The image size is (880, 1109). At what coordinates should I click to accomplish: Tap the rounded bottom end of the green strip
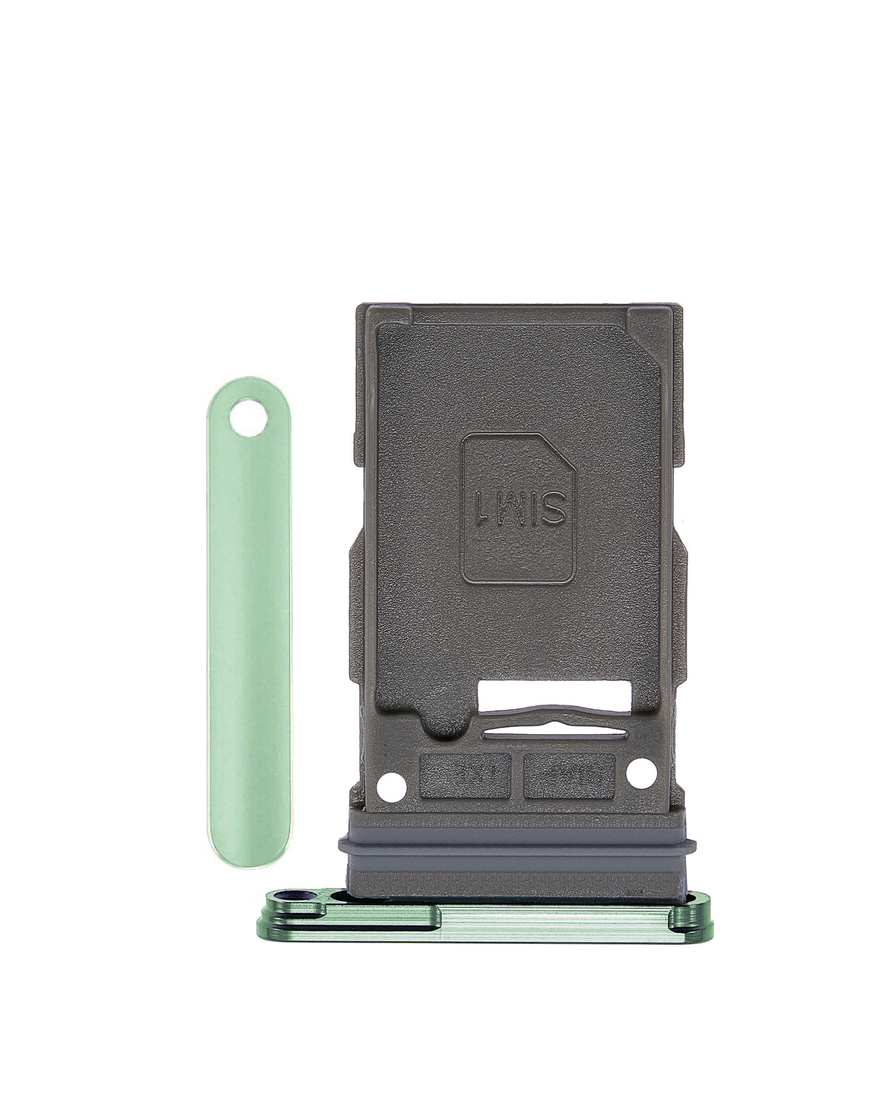249,854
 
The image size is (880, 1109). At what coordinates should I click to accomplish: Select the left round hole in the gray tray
391,787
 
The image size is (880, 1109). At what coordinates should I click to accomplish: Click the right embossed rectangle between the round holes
569,776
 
